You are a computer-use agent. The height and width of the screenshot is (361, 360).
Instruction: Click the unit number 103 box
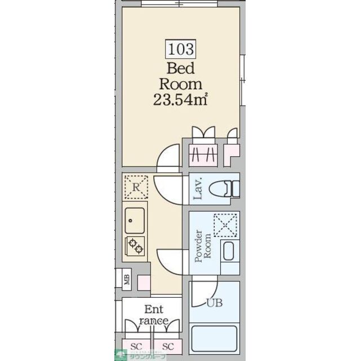tap(180, 49)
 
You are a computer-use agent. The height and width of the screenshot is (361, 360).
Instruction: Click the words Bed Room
tap(180, 77)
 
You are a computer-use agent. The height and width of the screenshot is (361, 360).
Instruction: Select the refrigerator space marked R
tap(136, 187)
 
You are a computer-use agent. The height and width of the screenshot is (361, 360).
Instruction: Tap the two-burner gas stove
tap(136, 245)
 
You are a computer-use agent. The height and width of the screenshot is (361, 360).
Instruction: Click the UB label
tap(214, 303)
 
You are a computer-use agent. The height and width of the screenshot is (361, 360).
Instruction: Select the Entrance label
tap(153, 315)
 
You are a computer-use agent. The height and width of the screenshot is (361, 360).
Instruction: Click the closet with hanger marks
tap(202, 153)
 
